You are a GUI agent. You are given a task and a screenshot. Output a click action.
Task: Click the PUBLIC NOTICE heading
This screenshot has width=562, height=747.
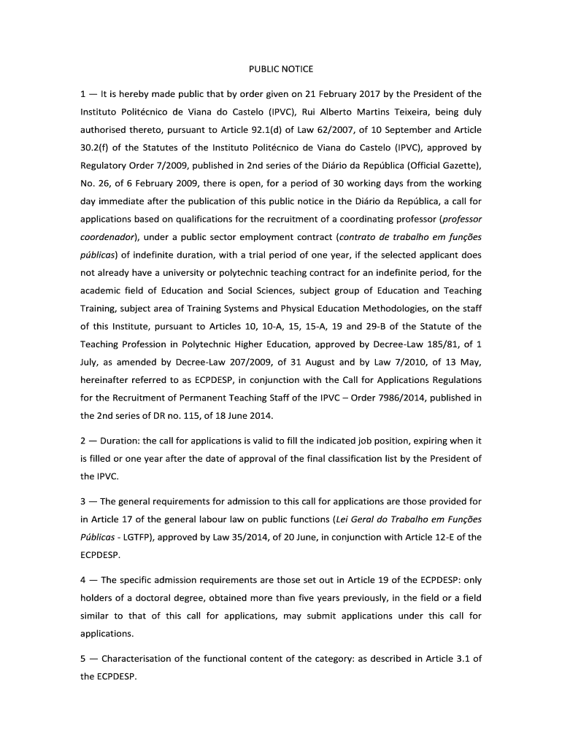[280, 69]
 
